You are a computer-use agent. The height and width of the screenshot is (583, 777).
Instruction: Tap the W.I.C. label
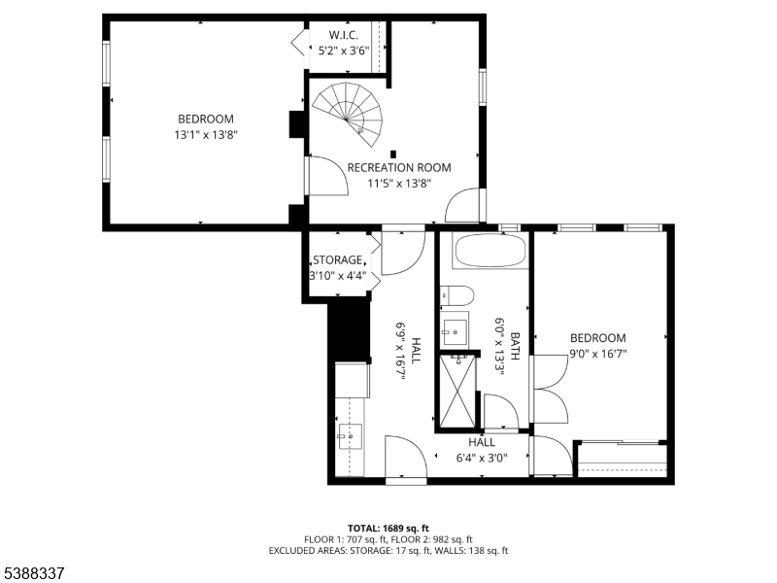click(x=344, y=35)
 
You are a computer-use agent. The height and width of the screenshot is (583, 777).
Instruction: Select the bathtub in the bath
click(x=491, y=251)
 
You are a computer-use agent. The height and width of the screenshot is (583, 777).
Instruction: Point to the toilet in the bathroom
click(x=456, y=295)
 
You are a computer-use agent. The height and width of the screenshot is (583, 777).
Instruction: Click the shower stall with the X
click(x=457, y=392)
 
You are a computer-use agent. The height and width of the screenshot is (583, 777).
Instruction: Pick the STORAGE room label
click(x=338, y=259)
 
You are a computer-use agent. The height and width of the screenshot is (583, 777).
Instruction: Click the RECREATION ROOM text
click(x=399, y=167)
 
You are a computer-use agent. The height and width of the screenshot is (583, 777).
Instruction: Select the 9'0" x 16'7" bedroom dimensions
click(x=597, y=354)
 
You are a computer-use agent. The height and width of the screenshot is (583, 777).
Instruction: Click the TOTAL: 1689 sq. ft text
click(x=388, y=528)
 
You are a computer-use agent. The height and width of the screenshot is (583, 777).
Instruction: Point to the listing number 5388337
click(x=33, y=573)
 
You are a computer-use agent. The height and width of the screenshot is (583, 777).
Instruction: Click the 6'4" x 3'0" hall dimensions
click(x=482, y=458)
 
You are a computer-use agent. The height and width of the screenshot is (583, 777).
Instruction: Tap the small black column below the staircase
click(x=393, y=154)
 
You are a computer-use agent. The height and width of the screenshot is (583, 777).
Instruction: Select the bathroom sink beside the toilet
click(x=455, y=330)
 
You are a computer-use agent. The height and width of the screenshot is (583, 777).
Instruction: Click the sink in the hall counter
click(x=350, y=436)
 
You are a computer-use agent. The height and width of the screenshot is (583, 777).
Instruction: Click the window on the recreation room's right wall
click(x=482, y=87)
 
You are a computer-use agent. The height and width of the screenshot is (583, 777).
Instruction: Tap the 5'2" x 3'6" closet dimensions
click(x=344, y=51)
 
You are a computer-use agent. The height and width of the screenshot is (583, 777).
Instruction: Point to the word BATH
click(x=516, y=346)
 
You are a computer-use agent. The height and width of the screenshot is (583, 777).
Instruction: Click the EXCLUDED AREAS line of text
click(x=388, y=551)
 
